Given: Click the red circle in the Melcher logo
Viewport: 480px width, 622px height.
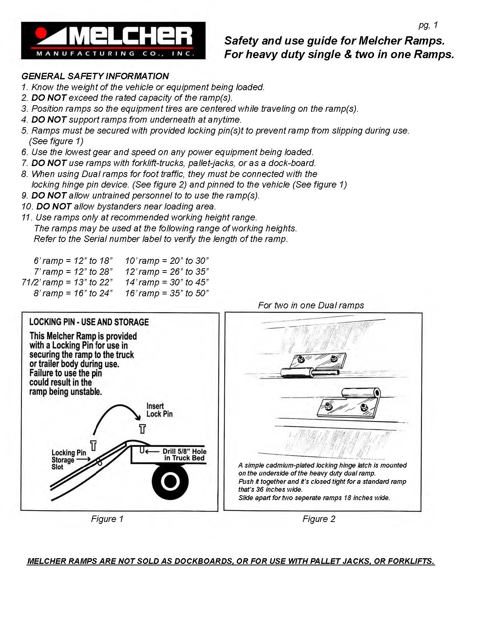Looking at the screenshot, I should click(40, 33).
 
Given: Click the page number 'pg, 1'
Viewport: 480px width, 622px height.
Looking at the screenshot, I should click(428, 25).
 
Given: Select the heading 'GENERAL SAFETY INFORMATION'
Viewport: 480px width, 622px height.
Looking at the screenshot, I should click(95, 76).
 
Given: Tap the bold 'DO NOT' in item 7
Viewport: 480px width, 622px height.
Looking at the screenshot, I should click(49, 163).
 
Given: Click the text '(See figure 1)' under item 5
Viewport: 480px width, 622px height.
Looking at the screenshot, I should click(56, 141).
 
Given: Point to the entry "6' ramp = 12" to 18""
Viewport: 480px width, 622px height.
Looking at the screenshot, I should click(73, 261).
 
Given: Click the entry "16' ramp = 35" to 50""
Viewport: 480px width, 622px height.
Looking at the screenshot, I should click(167, 293).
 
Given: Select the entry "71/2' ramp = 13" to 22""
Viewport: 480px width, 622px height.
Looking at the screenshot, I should click(67, 282).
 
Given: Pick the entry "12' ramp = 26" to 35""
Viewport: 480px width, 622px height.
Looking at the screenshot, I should click(167, 272).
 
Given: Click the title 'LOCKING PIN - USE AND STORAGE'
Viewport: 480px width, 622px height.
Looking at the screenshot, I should click(89, 322).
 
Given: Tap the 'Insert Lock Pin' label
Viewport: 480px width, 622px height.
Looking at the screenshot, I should click(159, 410).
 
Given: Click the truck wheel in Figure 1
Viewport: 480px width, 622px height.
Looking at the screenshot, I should click(170, 481).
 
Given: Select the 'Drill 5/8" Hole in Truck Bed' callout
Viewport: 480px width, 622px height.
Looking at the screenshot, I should click(184, 454).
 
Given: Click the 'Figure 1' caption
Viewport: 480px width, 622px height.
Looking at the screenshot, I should click(107, 519).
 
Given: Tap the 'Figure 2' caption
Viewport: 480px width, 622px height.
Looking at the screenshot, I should click(319, 519).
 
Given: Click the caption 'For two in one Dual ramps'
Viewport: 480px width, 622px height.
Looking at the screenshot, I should click(311, 305).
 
